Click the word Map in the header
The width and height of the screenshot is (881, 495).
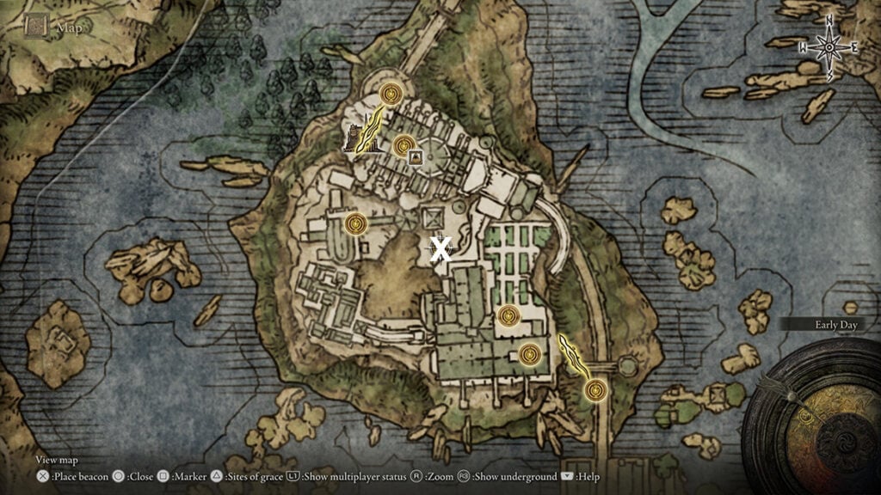[x=68, y=27]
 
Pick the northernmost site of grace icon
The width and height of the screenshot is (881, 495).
[x=392, y=93]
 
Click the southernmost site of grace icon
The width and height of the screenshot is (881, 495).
[x=595, y=391]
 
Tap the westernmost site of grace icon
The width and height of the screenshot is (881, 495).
[x=355, y=223]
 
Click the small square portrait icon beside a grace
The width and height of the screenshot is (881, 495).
[x=416, y=156]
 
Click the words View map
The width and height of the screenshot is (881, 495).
[x=56, y=460]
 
